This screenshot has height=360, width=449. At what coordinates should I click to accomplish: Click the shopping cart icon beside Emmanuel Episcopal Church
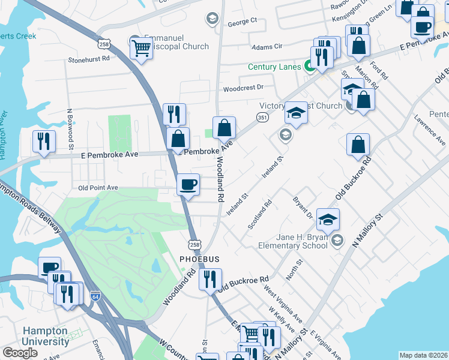tap(141, 47)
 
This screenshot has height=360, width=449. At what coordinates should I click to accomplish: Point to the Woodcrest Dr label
tap(243, 88)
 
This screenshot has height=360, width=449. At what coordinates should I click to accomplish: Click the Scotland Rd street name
tap(261, 215)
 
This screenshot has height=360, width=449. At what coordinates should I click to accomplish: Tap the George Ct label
tap(242, 21)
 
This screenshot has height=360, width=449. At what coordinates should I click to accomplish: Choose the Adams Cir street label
tap(267, 46)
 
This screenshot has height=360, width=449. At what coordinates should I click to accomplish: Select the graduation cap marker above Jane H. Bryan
tap(328, 220)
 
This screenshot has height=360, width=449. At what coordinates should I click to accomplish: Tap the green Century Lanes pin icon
tap(310, 67)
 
